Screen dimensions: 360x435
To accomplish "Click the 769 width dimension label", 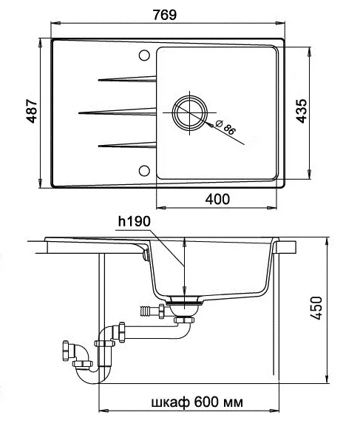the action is tap(165, 15).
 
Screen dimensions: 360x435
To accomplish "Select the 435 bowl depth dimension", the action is tap(302, 111).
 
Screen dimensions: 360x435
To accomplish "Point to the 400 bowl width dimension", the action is tap(217, 199).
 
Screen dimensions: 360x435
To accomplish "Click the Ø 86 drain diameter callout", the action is tap(225, 127).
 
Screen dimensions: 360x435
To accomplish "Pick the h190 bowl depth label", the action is tap(134, 221).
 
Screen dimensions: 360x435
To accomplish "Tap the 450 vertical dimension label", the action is tap(316, 308).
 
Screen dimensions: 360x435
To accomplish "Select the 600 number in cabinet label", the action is tap(206, 402).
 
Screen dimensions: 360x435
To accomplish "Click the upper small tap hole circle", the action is tap(144, 55).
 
